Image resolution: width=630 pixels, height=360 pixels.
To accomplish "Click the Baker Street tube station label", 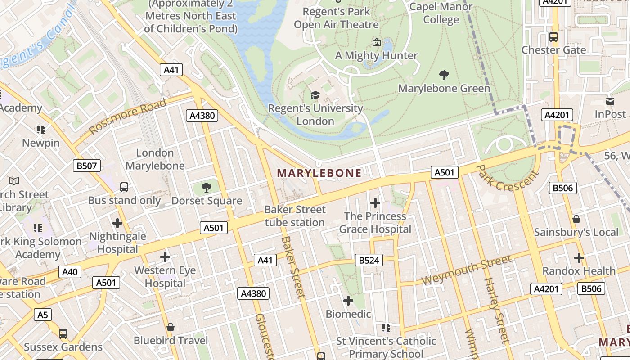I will pyautogui.click(x=295, y=216).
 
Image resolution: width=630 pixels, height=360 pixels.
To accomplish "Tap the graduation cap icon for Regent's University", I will pyautogui.click(x=315, y=95).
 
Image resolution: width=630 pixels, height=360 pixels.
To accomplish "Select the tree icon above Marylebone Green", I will pyautogui.click(x=444, y=75).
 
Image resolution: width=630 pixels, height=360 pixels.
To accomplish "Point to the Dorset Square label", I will pyautogui.click(x=207, y=201).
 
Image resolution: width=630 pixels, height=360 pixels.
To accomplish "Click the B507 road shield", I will pyautogui.click(x=86, y=166).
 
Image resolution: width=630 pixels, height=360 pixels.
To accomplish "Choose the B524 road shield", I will pyautogui.click(x=369, y=260).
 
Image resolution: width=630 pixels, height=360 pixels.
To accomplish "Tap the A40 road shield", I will pyautogui.click(x=70, y=271).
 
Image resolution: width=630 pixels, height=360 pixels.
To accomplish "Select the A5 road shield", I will pyautogui.click(x=42, y=314).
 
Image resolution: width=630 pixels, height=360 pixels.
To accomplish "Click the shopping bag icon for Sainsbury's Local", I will pyautogui.click(x=576, y=219).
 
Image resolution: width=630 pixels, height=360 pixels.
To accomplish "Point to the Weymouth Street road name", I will pyautogui.click(x=467, y=270).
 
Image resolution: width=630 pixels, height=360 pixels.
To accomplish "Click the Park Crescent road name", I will pyautogui.click(x=507, y=178).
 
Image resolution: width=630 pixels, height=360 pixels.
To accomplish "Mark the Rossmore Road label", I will pyautogui.click(x=128, y=117).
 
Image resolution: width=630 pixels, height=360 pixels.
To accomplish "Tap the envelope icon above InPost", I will pyautogui.click(x=610, y=101).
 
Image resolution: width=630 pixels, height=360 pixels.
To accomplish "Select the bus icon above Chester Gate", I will pyautogui.click(x=553, y=37).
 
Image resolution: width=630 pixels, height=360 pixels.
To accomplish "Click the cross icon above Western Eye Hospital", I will pyautogui.click(x=165, y=257).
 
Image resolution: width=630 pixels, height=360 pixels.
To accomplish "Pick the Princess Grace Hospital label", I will pyautogui.click(x=375, y=223).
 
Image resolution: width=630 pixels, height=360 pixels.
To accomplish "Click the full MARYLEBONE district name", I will pyautogui.click(x=319, y=173).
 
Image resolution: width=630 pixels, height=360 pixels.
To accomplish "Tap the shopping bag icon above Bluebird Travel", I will pyautogui.click(x=171, y=327).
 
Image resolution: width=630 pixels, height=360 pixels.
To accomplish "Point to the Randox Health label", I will pyautogui.click(x=579, y=271).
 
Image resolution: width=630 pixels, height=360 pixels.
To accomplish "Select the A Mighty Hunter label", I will pyautogui.click(x=377, y=56).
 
